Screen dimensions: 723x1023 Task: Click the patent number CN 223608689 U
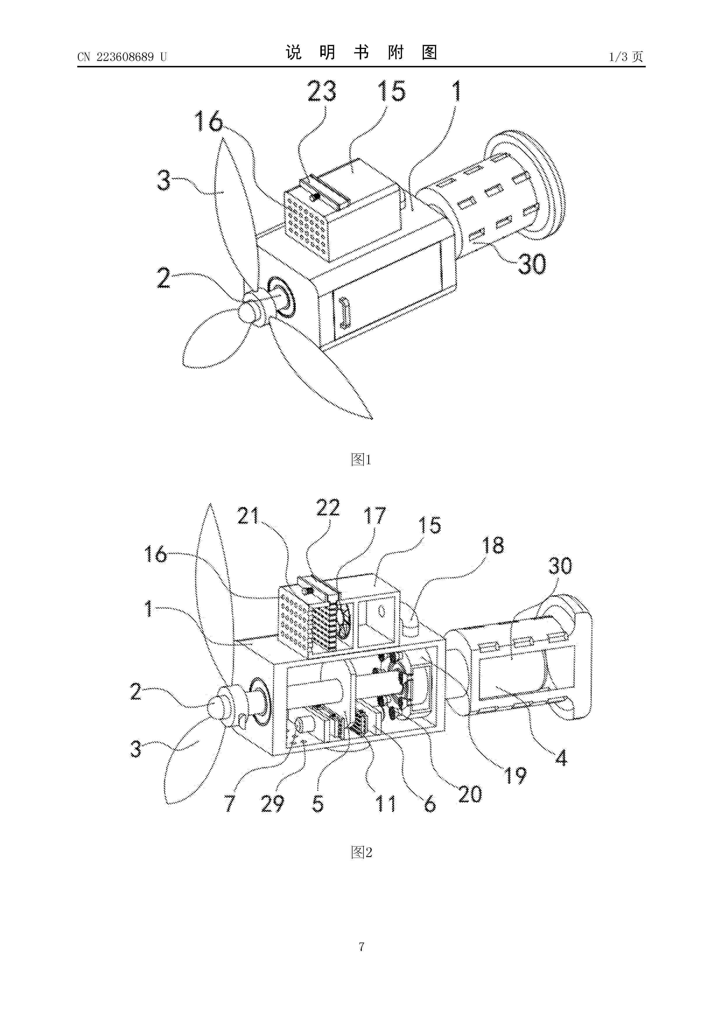click(122, 57)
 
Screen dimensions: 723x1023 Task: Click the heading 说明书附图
click(361, 52)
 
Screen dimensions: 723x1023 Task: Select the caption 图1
click(361, 459)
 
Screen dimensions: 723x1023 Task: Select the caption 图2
click(361, 852)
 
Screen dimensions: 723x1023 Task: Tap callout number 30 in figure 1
click(531, 264)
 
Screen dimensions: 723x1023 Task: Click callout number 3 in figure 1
click(164, 181)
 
